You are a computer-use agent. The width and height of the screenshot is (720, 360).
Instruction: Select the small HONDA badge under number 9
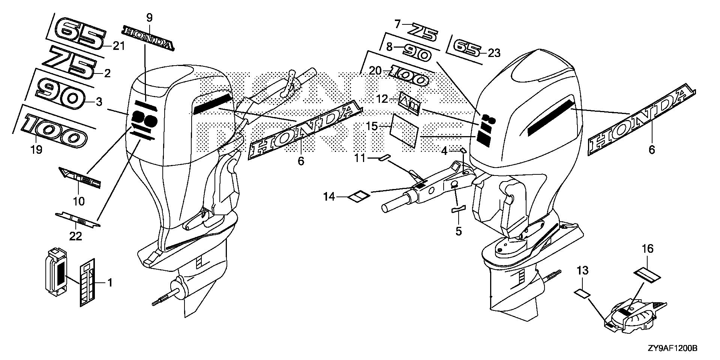[x=148, y=38]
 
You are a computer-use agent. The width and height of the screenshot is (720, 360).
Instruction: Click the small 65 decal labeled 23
[x=467, y=48]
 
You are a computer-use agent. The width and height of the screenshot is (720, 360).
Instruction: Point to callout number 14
[x=329, y=196]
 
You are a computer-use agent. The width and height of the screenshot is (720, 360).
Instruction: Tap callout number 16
[x=648, y=249]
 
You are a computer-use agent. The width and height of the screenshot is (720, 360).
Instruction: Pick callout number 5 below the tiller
[x=459, y=231]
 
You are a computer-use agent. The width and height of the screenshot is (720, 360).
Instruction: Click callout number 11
[x=360, y=159]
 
